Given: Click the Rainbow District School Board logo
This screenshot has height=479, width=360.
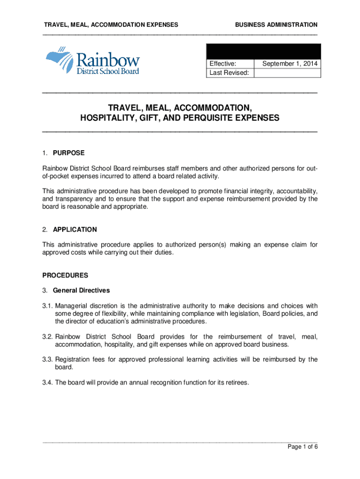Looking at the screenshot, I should pos(92,61).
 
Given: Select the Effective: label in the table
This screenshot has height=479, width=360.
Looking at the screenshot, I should pos(223,64).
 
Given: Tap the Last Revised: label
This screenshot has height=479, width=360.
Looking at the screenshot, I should pos(230,73).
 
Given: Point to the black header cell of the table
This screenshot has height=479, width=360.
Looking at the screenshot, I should pos(263,51).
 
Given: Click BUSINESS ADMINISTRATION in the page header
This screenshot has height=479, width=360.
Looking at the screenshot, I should pos(276,24).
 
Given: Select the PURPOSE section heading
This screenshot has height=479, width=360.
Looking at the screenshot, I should pos(69,153).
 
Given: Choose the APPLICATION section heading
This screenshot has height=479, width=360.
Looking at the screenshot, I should pos(75,230).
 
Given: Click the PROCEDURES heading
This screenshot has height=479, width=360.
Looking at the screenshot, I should pos(65,275).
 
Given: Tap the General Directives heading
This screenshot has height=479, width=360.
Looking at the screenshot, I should pos(81,290).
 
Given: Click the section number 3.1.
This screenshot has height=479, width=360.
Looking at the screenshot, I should pos(48,306).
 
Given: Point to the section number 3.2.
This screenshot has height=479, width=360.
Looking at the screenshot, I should pos(48,337).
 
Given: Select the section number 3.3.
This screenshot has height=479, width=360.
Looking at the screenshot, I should pos(48,360).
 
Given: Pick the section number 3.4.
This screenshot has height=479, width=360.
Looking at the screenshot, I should pos(48,383).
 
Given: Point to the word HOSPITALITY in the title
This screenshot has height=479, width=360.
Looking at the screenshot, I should pos(105,118).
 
